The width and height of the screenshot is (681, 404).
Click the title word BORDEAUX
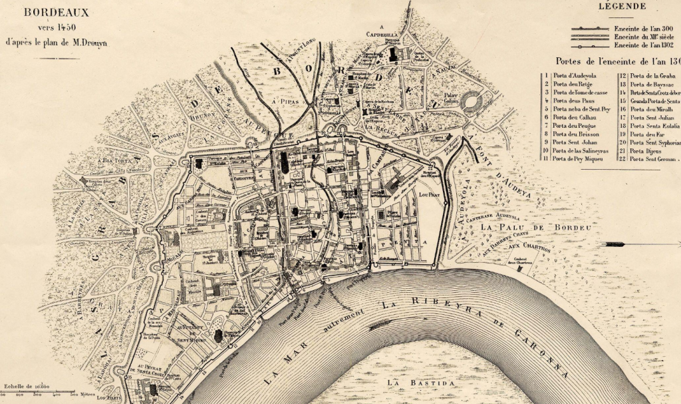57,12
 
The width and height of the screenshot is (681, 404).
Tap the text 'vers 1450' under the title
56,27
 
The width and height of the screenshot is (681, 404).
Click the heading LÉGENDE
622,7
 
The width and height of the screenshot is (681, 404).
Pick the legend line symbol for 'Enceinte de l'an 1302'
591,46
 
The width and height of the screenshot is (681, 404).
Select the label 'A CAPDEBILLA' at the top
382,32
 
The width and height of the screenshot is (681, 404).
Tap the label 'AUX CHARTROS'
529,247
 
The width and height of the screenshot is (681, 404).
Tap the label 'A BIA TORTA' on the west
100,160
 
